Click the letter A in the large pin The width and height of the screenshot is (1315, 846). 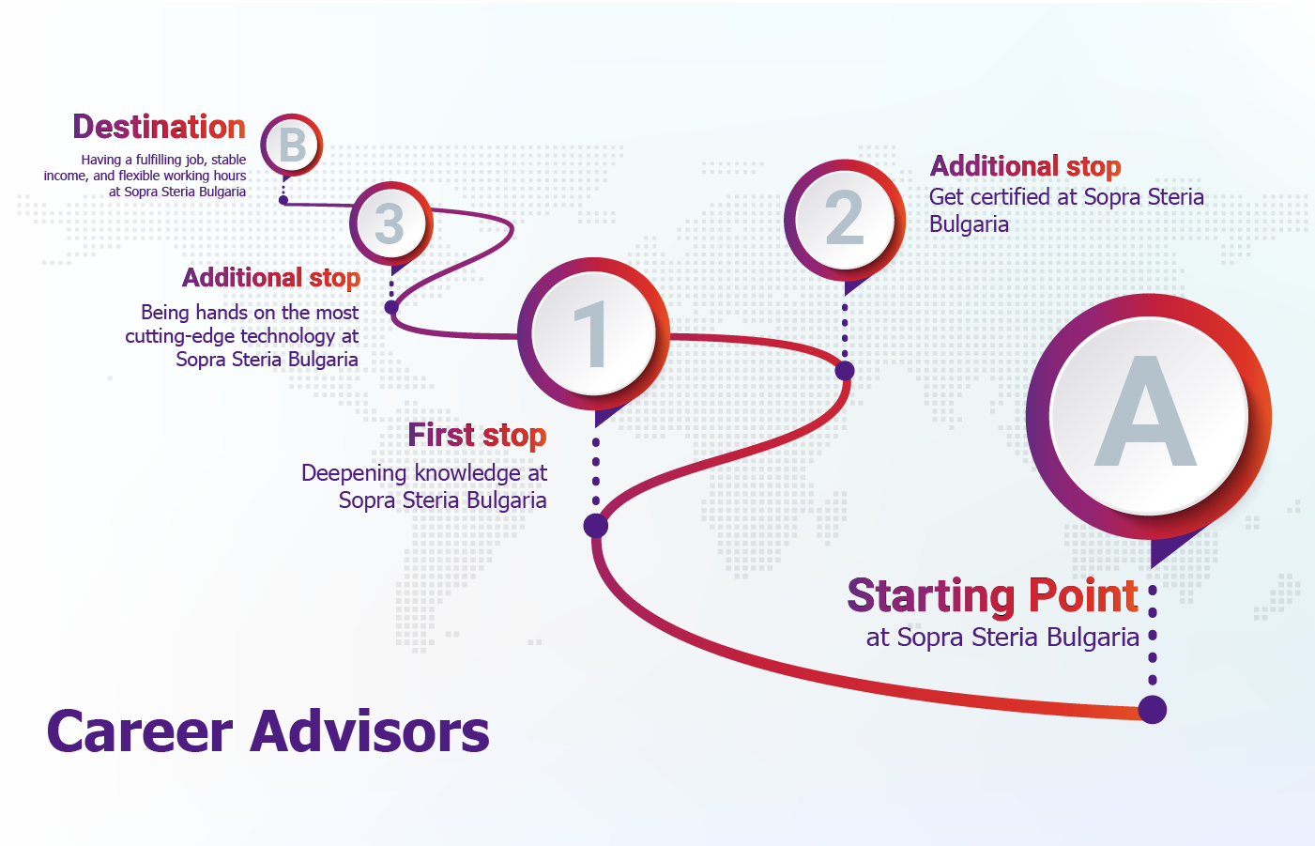pyautogui.click(x=1145, y=410)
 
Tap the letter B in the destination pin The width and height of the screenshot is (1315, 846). pyautogui.click(x=292, y=145)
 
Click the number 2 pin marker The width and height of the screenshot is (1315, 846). pyautogui.click(x=845, y=226)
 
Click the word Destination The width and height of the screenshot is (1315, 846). pyautogui.click(x=159, y=127)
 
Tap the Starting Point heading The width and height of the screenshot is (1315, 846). pyautogui.click(x=993, y=596)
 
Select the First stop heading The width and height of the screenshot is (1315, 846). pyautogui.click(x=477, y=436)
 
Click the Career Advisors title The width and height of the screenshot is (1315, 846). pyautogui.click(x=268, y=731)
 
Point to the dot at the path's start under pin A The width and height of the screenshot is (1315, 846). pyautogui.click(x=1153, y=710)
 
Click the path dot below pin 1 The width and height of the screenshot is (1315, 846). pyautogui.click(x=596, y=526)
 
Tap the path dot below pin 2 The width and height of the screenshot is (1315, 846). pyautogui.click(x=845, y=371)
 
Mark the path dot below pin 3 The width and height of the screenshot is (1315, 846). pyautogui.click(x=391, y=307)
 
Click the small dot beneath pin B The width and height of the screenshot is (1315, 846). pyautogui.click(x=283, y=200)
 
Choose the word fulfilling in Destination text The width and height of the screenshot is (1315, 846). pyautogui.click(x=159, y=160)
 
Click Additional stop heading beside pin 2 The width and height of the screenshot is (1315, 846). pyautogui.click(x=1026, y=166)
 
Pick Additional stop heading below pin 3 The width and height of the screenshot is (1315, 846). pyautogui.click(x=271, y=278)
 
